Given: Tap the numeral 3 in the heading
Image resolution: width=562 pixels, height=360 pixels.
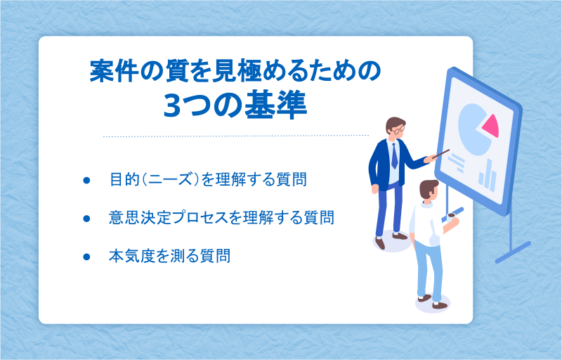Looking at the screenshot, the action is tap(173, 106).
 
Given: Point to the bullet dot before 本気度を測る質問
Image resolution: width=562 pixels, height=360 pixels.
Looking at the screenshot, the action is tap(86, 257).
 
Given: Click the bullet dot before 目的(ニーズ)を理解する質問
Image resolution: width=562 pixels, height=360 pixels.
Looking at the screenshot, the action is tap(86, 180).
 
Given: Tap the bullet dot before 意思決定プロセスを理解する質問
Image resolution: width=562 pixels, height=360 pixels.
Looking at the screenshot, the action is tap(86, 218).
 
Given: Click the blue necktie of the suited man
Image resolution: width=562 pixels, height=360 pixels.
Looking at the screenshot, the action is tap(394, 155).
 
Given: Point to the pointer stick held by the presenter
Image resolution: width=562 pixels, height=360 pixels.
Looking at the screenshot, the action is tap(440, 154).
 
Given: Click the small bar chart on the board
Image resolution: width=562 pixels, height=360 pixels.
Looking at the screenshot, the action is tap(488, 176).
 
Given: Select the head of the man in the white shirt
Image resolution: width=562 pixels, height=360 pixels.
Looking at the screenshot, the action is tap(429, 189).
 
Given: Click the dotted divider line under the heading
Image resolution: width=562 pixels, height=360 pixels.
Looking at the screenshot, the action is tap(236, 136).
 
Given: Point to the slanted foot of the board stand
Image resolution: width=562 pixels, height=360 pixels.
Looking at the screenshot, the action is tap(513, 253).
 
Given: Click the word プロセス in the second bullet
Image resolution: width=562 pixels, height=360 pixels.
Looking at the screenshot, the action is tap(200, 218).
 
